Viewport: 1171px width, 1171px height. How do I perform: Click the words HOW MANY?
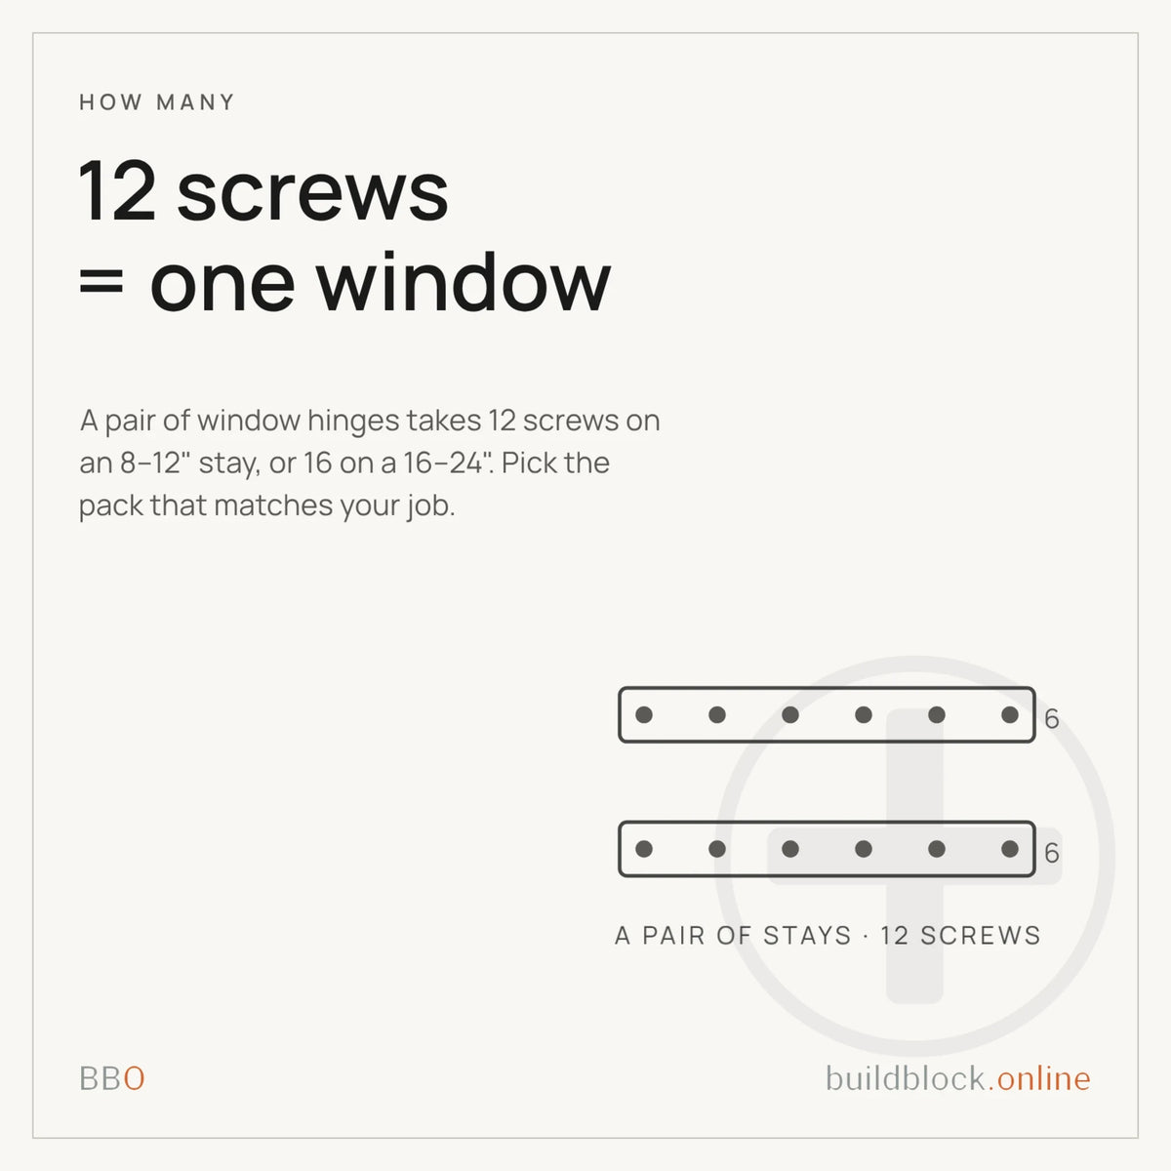[157, 102]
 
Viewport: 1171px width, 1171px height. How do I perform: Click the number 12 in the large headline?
[117, 191]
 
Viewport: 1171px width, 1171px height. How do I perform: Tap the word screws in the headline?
[312, 194]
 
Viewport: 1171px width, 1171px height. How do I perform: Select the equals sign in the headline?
[101, 283]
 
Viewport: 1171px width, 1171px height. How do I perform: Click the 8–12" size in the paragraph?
[155, 463]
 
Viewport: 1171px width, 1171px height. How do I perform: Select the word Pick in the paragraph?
[523, 463]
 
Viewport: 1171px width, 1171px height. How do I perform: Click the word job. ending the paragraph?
[431, 505]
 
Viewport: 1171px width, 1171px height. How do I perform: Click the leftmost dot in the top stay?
[644, 714]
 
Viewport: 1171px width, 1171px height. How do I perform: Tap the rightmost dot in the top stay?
[1010, 714]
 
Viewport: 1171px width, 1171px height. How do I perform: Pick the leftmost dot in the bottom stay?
[644, 849]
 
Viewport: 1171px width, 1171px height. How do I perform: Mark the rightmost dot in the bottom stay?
[1010, 849]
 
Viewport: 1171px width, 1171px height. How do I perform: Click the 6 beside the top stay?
[1052, 718]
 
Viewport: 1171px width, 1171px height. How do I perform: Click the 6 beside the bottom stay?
[1052, 853]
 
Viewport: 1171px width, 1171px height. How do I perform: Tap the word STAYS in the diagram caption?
[807, 935]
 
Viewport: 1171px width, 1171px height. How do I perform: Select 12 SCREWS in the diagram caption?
[961, 935]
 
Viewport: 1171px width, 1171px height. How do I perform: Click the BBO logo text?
[112, 1078]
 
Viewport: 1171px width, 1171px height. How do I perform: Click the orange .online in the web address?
[1039, 1078]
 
